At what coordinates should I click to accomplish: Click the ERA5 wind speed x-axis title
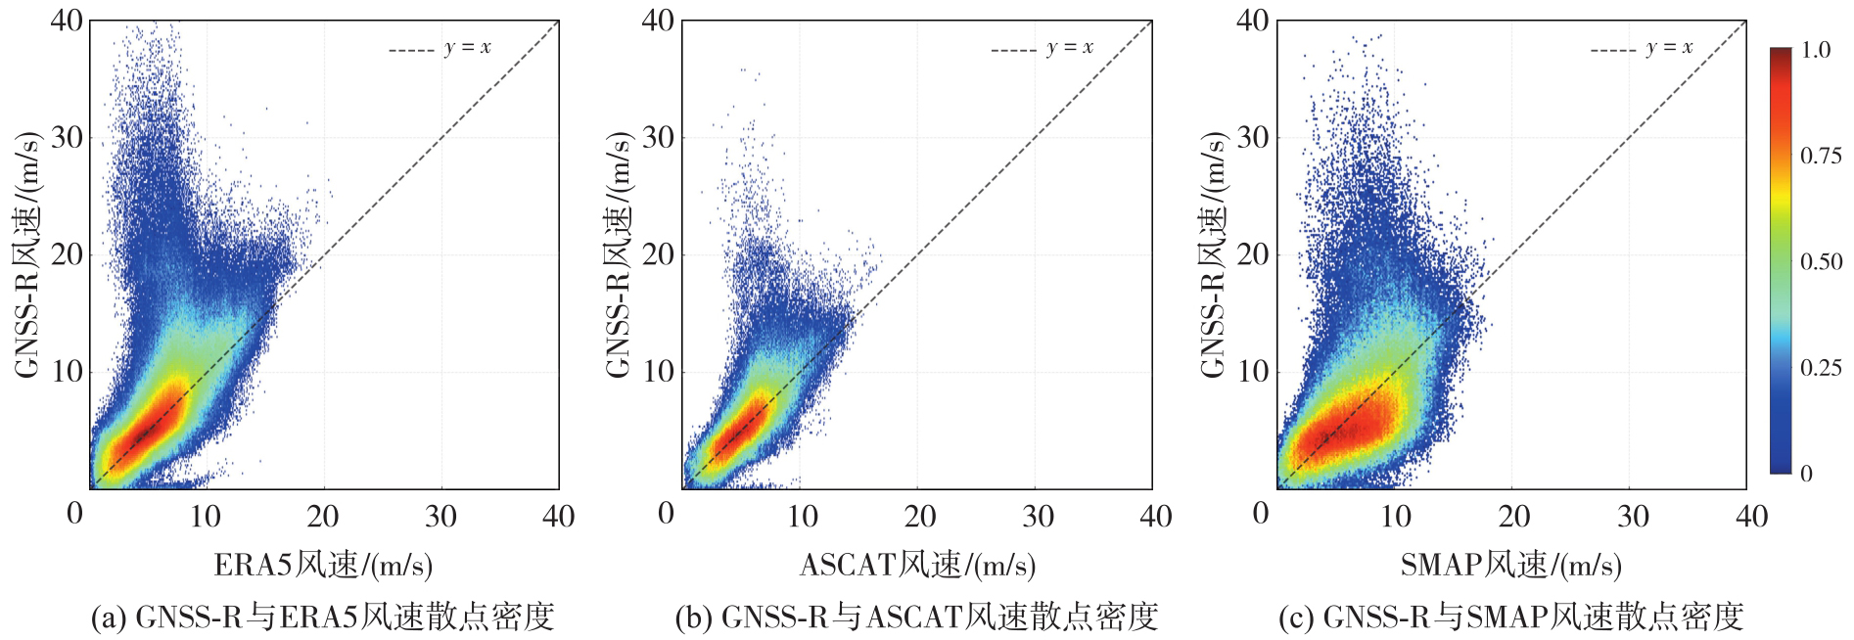323,565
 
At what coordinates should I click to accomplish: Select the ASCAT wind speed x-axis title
917,565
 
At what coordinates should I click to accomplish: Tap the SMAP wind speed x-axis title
1510,565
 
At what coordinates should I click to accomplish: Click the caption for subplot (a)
323,617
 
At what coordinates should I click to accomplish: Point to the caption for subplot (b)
916,617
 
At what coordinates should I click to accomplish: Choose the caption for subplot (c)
1511,617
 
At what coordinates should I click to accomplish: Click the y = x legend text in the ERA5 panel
467,48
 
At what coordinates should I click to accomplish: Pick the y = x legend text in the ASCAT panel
1069,48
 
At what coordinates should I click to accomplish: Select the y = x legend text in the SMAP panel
1669,48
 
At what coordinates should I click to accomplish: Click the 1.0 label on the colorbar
1816,50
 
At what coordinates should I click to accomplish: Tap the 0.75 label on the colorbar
1821,156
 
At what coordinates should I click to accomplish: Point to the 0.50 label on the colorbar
1821,261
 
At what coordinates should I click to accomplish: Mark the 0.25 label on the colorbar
1821,367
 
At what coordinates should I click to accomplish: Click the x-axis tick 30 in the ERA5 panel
440,516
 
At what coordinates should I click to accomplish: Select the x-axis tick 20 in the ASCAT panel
920,516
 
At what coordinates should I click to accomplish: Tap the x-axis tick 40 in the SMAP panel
1751,516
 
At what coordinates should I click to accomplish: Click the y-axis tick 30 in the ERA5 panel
67,137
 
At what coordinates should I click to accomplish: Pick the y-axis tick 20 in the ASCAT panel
659,254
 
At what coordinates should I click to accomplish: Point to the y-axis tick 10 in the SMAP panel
1253,371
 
